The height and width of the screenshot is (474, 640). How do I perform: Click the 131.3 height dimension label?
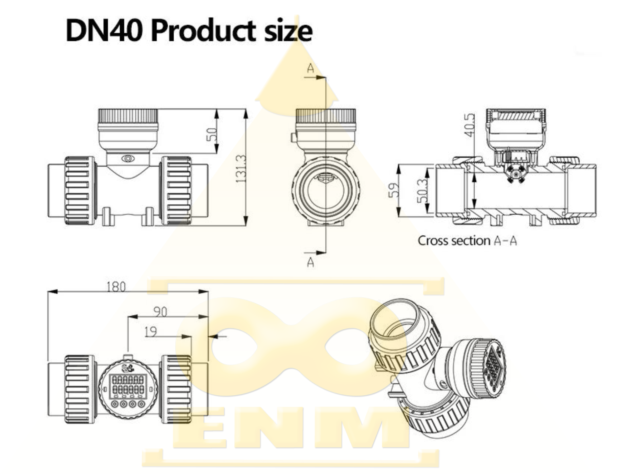coord(242,168)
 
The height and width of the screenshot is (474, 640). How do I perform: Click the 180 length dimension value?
coord(116,286)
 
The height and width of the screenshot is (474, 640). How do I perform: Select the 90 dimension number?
coord(160,312)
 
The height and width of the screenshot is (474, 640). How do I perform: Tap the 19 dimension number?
coord(151,331)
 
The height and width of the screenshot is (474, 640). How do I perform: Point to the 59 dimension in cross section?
coord(394,190)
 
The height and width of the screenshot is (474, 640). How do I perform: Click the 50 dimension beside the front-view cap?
coord(212,134)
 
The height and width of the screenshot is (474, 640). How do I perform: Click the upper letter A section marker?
coord(310,69)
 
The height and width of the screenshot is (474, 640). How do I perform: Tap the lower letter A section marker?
coord(310,262)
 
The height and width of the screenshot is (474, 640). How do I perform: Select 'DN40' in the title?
coord(103,31)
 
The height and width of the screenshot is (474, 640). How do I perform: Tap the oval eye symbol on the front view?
coord(128,158)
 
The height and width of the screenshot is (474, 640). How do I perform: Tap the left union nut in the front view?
coord(79,191)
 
